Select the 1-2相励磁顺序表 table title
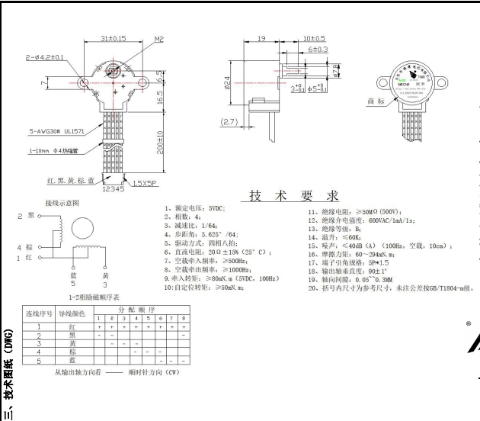click(94, 295)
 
